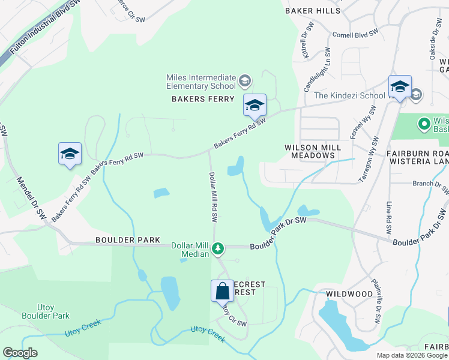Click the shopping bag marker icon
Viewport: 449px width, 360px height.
point(222,291)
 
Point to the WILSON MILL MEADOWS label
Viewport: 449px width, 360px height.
point(313,151)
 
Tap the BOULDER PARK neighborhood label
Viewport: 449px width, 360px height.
point(127,240)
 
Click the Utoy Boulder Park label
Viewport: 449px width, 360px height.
point(46,311)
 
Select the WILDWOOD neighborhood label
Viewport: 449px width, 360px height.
point(349,294)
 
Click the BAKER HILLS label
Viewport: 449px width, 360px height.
point(313,11)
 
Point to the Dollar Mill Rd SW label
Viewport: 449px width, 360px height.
point(212,197)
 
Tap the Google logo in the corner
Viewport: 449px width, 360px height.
point(20,353)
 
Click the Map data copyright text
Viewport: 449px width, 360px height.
point(411,355)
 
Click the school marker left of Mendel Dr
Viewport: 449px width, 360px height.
point(70,154)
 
